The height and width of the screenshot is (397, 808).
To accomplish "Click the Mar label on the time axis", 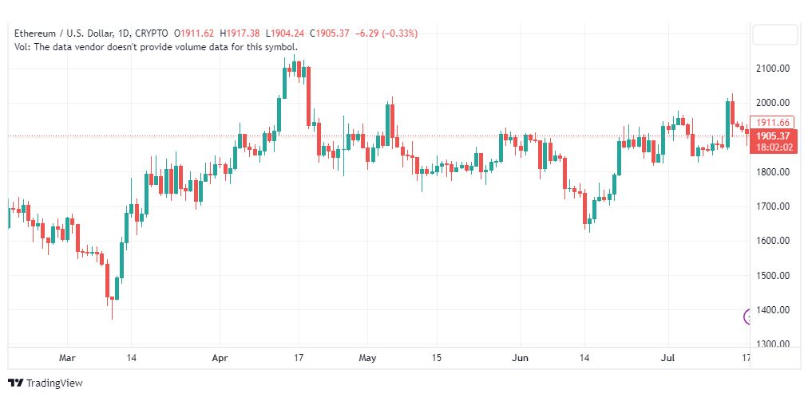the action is point(68,357).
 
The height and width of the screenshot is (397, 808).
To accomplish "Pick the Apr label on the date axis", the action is point(220,357).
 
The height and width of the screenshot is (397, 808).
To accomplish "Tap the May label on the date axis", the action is point(367,357).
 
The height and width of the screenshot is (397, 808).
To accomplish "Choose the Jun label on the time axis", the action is point(521,357).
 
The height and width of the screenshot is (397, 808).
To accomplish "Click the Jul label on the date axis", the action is point(668,357).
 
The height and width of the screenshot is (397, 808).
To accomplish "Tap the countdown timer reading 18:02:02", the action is point(774,147).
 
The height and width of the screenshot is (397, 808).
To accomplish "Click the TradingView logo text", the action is point(54,383).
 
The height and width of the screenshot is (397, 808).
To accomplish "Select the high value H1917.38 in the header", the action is point(240,33).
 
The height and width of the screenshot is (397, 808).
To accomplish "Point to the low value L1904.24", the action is point(286,33).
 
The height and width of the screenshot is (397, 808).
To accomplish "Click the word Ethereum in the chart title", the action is point(34,33).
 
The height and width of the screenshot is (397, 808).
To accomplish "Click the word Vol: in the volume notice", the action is point(22,47).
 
